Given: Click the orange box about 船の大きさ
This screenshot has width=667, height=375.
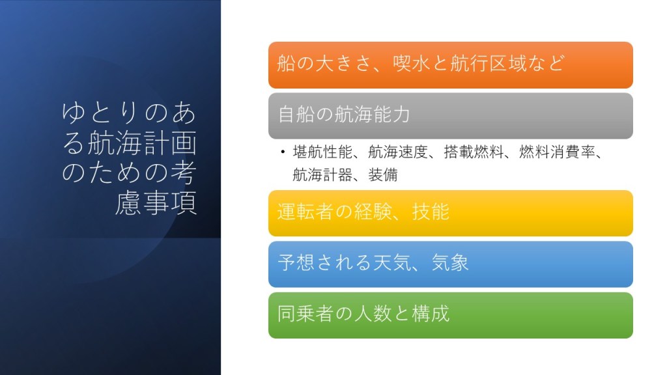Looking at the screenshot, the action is click(x=451, y=65).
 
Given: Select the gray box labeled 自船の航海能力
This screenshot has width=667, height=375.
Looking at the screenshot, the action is click(x=451, y=116).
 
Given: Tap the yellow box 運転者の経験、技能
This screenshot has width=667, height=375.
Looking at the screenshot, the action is click(x=451, y=213).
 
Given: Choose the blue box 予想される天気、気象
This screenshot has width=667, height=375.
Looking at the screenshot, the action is click(x=451, y=264).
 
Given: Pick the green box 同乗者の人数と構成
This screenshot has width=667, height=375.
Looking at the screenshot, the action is click(x=451, y=315).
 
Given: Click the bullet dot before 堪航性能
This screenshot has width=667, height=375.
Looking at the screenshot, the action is click(x=283, y=152).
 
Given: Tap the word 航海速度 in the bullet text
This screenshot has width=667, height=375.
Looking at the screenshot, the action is click(x=398, y=152).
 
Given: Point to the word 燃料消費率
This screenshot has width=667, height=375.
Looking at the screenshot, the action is click(x=557, y=152).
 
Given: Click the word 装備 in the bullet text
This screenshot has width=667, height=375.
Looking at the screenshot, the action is click(x=383, y=174).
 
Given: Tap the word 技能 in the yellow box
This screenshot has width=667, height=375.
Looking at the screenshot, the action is click(x=431, y=212).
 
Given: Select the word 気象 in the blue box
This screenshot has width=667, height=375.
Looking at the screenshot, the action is click(x=450, y=262).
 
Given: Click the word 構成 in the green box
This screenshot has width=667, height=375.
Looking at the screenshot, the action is click(x=431, y=313).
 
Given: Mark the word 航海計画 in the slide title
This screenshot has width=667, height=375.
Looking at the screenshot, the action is click(x=142, y=143).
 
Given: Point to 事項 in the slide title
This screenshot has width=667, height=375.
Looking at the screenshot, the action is click(x=170, y=202).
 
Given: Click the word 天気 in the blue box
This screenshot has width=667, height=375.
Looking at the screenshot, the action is click(x=392, y=262).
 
